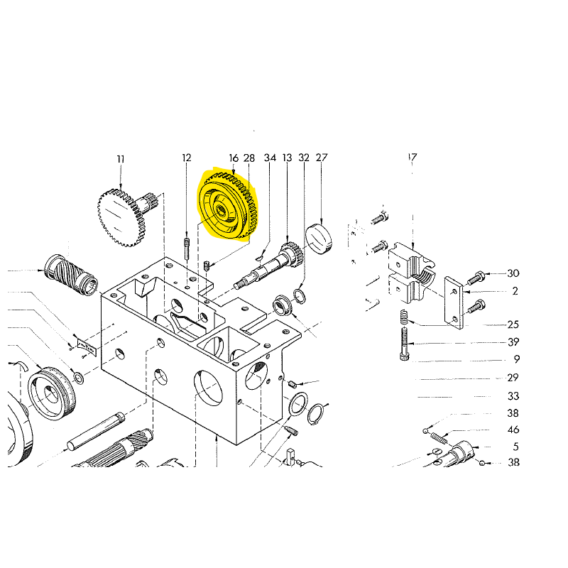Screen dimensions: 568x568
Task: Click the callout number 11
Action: [121, 159]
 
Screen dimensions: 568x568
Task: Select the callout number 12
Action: [187, 158]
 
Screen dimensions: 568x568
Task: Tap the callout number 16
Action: [234, 158]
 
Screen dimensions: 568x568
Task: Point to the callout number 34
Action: [270, 158]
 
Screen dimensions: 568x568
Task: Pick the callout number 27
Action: [322, 158]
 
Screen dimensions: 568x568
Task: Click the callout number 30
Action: [513, 273]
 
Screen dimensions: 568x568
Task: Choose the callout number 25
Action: [513, 324]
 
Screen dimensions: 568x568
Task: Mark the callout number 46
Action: [513, 430]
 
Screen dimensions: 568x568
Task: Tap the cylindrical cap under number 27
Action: [319, 239]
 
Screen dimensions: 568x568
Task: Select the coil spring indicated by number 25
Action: [405, 317]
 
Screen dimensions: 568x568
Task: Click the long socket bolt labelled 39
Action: [405, 344]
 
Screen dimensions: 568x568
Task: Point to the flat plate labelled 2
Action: [454, 303]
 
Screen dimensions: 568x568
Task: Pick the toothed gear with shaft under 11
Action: [128, 217]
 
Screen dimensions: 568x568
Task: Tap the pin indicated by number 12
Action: [187, 248]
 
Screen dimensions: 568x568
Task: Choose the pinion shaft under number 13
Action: [269, 265]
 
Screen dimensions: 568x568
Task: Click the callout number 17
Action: [413, 158]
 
